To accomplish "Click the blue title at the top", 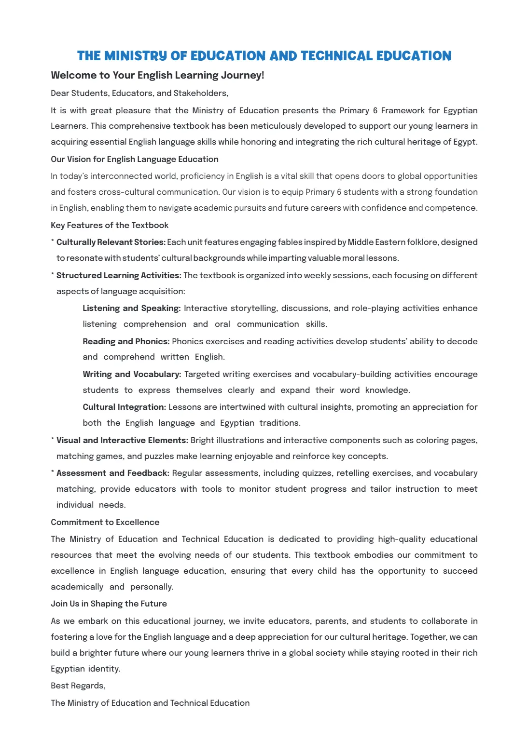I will pos(264,56).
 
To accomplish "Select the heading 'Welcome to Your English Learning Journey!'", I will pos(157,75).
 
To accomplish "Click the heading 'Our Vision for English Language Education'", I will pos(135,159).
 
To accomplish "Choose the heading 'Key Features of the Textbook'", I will pos(110,225).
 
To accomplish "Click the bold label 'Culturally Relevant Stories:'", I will pos(111,242).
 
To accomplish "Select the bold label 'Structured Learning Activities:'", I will pos(119,275).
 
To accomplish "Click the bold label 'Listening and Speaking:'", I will pos(131,308).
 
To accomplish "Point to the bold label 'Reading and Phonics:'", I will pos(126,341).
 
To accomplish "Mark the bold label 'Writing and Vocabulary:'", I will pos(132,374).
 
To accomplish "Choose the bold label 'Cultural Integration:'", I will pos(124,407).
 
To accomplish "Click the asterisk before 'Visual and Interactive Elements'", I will pos(53,440).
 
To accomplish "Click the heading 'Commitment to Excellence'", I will pos(105,522).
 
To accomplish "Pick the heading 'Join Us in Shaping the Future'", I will pos(109,604).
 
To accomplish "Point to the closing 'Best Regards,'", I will pos(78,686).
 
